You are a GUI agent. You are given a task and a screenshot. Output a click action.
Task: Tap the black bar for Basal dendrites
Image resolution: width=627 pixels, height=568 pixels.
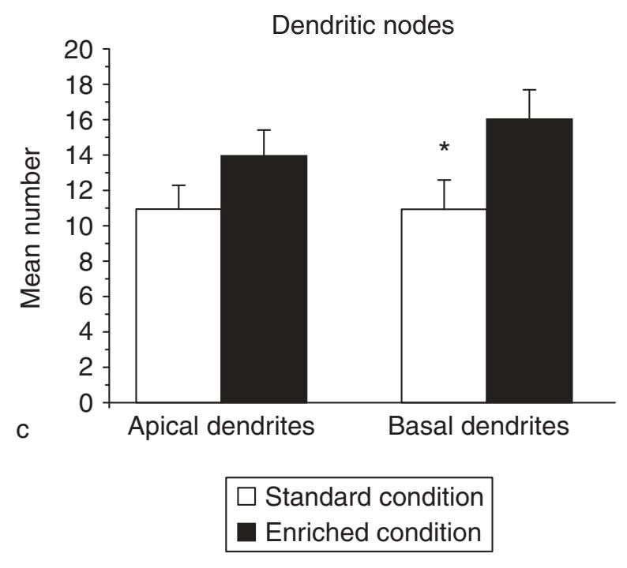[x=528, y=260]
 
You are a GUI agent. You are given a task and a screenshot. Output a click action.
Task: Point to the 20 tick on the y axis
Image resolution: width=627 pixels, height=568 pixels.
[x=78, y=50]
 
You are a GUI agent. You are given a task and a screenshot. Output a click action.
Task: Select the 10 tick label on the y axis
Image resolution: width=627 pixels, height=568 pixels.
[x=78, y=226]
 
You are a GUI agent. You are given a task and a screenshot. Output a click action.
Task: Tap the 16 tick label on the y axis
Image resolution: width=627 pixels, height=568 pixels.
[x=78, y=120]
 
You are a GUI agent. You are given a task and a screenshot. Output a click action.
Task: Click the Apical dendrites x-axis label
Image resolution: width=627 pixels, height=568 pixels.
[x=221, y=427]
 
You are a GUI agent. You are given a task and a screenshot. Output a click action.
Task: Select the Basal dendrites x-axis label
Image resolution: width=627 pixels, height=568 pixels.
[x=479, y=427]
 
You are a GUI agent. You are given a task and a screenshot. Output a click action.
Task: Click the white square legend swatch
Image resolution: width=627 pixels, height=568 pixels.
[x=246, y=498]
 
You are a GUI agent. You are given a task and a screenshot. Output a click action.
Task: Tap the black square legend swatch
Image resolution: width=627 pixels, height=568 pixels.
[x=246, y=532]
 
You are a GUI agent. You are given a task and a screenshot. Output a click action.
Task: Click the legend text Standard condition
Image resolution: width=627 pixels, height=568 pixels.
[x=373, y=498]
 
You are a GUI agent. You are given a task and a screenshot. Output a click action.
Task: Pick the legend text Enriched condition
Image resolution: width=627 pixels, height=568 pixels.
[x=373, y=532]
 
